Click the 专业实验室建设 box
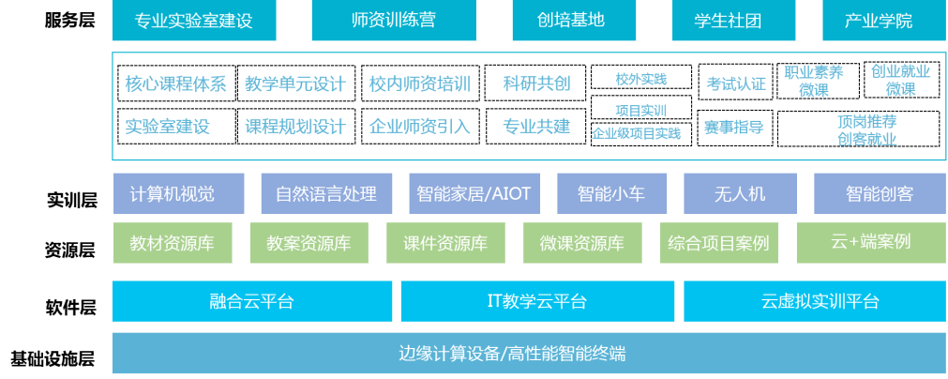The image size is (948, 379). click(194, 21)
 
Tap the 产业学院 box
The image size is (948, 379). click(878, 21)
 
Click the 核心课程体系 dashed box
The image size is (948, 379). click(175, 83)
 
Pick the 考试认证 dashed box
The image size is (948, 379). click(735, 83)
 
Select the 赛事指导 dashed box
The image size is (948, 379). click(735, 128)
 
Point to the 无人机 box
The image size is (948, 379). click(740, 194)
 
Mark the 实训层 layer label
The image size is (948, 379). click(71, 199)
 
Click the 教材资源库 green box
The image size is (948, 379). click(172, 243)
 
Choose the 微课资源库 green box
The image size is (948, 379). click(581, 243)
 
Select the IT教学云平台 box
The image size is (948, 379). click(536, 301)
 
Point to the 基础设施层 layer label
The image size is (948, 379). click(53, 357)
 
